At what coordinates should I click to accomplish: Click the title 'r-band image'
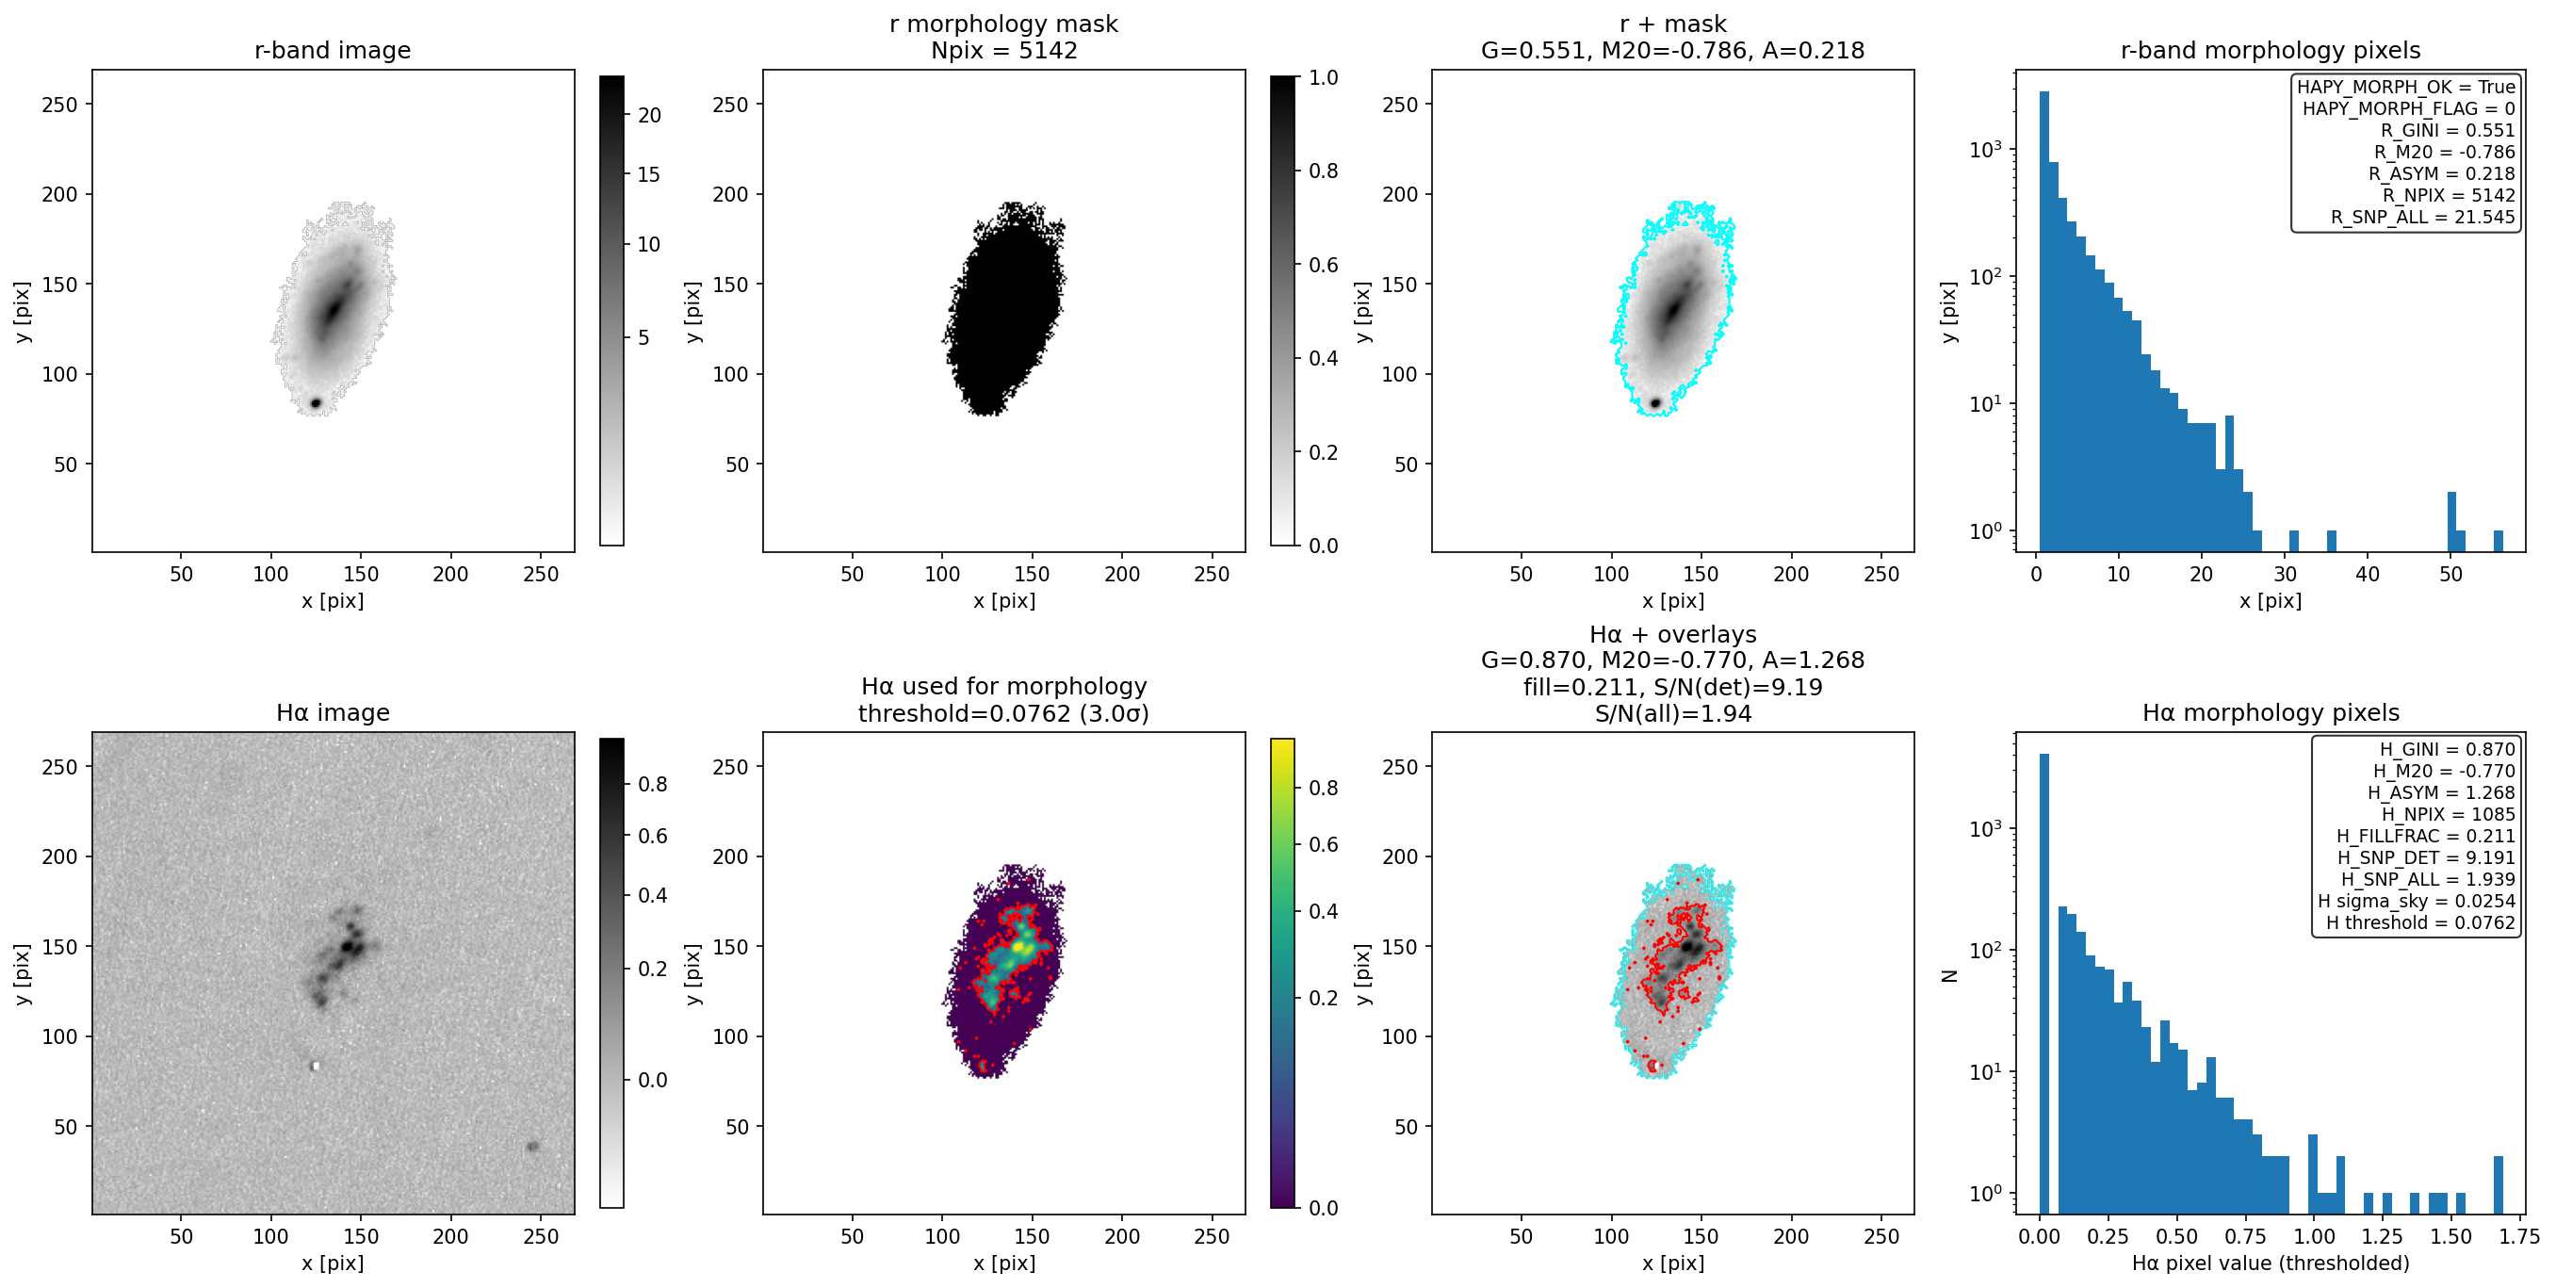[333, 51]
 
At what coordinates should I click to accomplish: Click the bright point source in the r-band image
[316, 403]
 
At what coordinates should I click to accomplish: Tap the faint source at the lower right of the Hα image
[533, 1146]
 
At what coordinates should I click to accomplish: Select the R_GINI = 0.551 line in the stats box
[2447, 130]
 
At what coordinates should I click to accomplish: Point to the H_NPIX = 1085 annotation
[2448, 814]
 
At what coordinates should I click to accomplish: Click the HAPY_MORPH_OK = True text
[2406, 87]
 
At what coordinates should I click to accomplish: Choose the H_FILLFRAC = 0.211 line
[2426, 836]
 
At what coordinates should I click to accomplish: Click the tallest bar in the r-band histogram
[2044, 320]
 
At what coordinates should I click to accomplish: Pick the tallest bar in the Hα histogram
[2044, 983]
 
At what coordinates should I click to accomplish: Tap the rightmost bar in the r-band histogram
[2499, 541]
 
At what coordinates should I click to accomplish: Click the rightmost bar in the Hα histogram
[2499, 1183]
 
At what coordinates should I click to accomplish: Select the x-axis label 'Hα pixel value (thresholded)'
[2271, 1263]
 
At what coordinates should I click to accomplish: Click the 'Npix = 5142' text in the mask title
[1004, 51]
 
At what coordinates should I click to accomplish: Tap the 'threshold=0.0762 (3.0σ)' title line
[1004, 713]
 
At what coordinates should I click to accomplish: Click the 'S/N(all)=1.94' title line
[1673, 713]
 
